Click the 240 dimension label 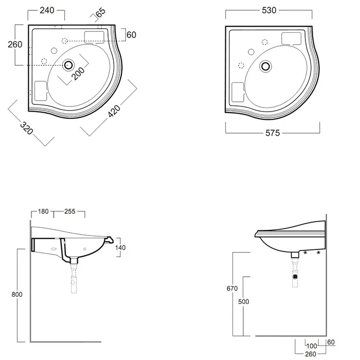[47, 10]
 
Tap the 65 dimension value [101, 12]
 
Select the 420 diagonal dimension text [114, 111]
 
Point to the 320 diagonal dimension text [27, 128]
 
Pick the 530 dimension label [269, 10]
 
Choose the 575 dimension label [273, 133]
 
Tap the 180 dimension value [43, 211]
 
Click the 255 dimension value [70, 211]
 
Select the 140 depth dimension [120, 247]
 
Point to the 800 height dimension [17, 294]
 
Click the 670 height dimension [232, 289]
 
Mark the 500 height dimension [244, 301]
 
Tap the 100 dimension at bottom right [312, 346]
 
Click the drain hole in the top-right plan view [266, 66]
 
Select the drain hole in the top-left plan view [68, 65]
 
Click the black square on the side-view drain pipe [296, 277]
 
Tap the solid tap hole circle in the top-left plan [54, 50]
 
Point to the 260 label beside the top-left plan [15, 44]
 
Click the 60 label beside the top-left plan [131, 35]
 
